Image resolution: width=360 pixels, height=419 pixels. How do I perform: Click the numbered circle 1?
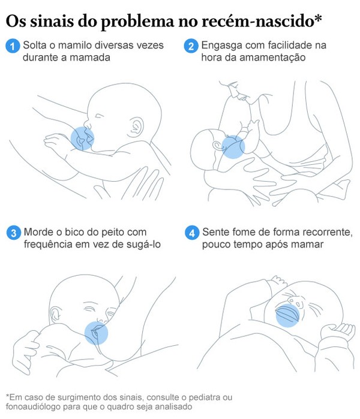(x=13, y=46)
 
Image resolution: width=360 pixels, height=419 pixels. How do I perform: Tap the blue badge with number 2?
(x=191, y=46)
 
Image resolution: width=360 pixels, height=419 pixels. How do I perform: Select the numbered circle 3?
(x=14, y=233)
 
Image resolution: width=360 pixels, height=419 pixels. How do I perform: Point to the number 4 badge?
(x=192, y=233)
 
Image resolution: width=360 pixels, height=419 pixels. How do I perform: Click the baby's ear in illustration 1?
(x=136, y=127)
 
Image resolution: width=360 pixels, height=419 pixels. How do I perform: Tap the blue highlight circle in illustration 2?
(x=233, y=147)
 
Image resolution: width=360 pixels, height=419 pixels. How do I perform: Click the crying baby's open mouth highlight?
(x=288, y=315)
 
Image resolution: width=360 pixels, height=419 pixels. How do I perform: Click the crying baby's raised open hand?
(x=338, y=332)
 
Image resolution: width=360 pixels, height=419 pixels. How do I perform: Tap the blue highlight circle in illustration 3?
(x=96, y=333)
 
